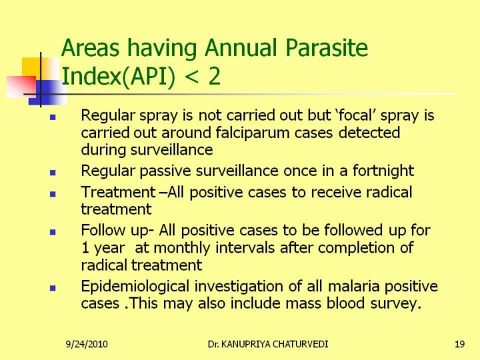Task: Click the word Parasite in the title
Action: (326, 48)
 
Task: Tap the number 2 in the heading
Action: (214, 76)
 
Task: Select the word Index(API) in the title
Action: (119, 77)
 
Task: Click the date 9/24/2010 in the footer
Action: (87, 344)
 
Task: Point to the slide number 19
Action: (459, 344)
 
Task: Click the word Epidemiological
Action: (135, 287)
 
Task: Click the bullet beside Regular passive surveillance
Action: (53, 173)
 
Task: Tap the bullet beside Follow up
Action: (53, 232)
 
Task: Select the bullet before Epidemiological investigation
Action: (53, 288)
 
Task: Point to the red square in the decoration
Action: (21, 87)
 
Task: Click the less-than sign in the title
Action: (191, 77)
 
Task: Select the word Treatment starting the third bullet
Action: (119, 192)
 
